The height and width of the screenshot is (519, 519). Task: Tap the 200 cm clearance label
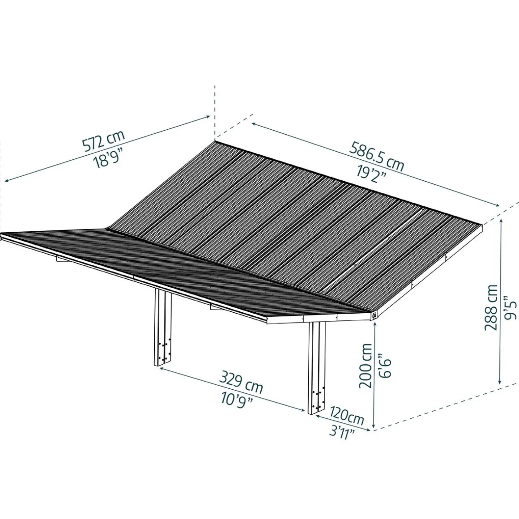pos(366,366)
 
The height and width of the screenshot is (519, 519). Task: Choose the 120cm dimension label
pos(347,417)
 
